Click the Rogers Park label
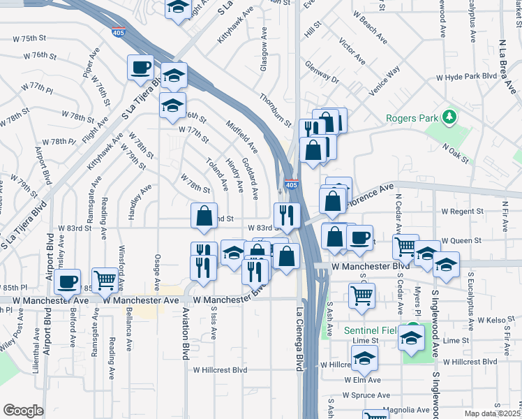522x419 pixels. point(414,117)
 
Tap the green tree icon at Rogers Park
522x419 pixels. point(450,115)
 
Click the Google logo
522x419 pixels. point(23,411)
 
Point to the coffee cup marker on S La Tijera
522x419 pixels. point(140,68)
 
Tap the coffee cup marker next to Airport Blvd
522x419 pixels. point(67,281)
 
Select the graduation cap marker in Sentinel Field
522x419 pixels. point(412,339)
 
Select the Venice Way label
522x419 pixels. point(385,80)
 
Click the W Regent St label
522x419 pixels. point(462,211)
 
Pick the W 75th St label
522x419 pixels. point(38,38)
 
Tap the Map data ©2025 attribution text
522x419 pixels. point(493,413)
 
